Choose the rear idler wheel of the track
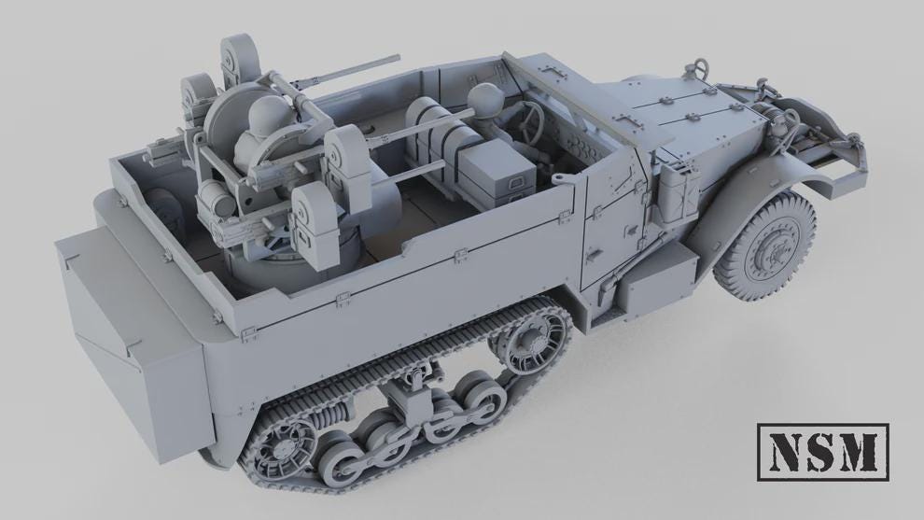(285, 445)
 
